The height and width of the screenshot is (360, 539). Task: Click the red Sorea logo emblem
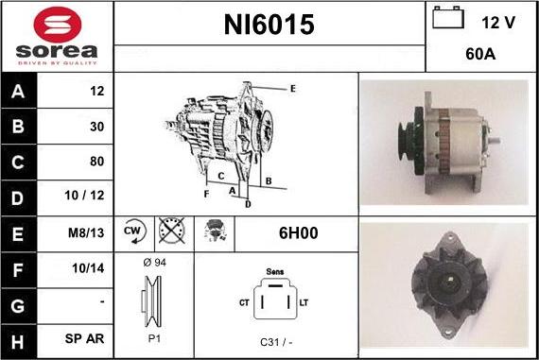coord(58,25)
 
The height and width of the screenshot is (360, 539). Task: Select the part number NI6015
coord(269,25)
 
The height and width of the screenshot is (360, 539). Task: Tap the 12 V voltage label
coord(498,23)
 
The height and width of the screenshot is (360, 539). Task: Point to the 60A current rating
coord(480,54)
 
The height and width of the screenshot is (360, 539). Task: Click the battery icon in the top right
coord(448,17)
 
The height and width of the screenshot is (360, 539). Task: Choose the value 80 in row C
coord(97,162)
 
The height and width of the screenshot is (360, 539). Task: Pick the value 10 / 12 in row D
coord(84,196)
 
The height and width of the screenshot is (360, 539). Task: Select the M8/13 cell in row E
coord(86,232)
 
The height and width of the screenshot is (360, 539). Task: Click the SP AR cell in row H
coord(84,338)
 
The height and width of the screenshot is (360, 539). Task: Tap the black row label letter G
coord(18,306)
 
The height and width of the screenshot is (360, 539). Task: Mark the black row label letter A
coord(18,92)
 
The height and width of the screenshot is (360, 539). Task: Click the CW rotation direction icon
coord(134,231)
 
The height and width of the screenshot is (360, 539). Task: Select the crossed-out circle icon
coord(172,231)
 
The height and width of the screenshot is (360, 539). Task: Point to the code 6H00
coord(299,232)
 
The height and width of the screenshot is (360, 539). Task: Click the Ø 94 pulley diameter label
coord(154,263)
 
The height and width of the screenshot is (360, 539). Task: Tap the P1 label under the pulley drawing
coord(154,338)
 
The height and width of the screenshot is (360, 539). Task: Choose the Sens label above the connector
coord(275,272)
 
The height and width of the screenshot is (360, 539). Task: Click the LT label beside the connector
coord(304,302)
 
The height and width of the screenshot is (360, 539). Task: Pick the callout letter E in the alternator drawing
coord(293,89)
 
